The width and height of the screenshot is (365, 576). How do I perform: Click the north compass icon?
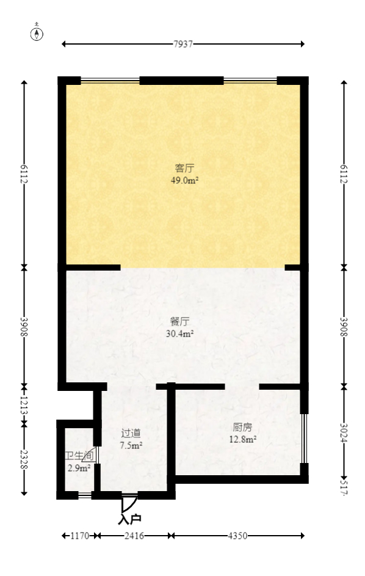(x=38, y=33)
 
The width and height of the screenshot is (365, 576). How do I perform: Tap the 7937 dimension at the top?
(x=183, y=44)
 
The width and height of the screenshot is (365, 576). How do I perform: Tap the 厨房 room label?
(x=242, y=427)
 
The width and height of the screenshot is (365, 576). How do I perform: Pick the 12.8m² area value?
(x=242, y=439)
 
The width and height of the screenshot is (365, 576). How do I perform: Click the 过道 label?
(x=131, y=433)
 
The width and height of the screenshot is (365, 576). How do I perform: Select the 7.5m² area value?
(x=131, y=445)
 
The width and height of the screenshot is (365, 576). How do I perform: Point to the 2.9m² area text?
(x=79, y=468)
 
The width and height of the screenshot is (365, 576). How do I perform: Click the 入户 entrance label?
(x=129, y=520)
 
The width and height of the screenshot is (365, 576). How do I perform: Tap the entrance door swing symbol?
(x=127, y=504)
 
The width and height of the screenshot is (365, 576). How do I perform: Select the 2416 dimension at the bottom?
(x=135, y=536)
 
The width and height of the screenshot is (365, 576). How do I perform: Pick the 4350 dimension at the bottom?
(x=238, y=536)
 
